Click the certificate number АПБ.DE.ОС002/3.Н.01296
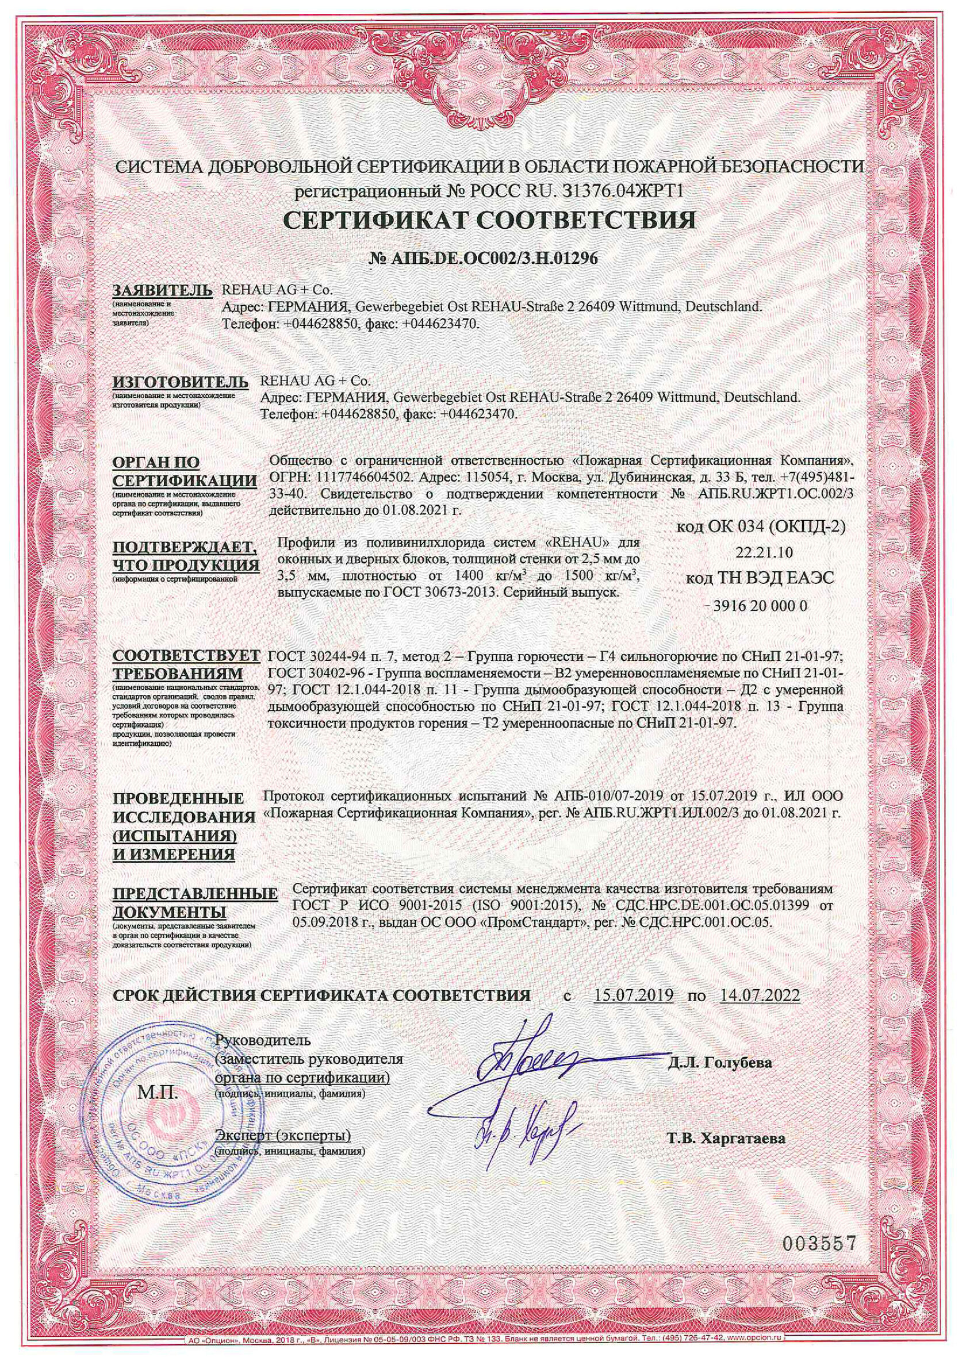point(482,258)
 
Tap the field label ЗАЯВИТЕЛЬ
point(162,291)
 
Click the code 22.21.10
point(764,552)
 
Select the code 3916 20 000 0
point(764,606)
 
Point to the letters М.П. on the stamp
point(158,1092)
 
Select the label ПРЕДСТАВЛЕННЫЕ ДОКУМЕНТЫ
point(194,902)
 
